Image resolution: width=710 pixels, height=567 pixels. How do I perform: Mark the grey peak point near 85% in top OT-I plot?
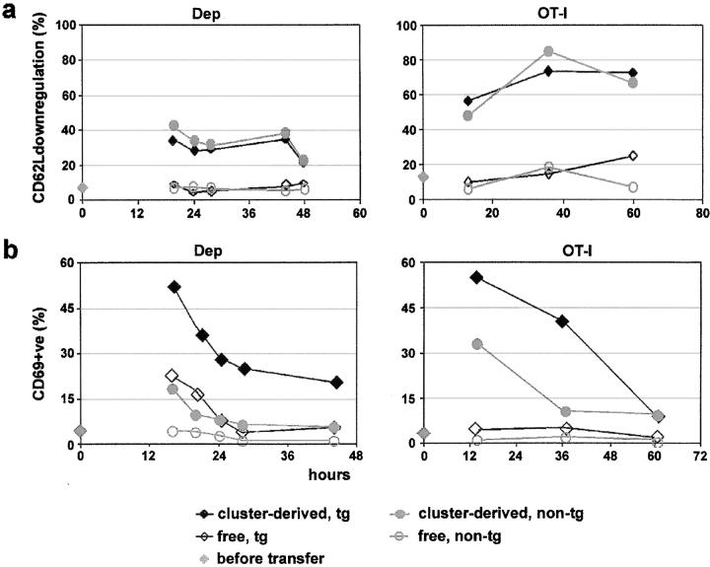pyautogui.click(x=548, y=51)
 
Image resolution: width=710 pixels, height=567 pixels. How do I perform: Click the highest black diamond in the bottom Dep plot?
pyautogui.click(x=174, y=287)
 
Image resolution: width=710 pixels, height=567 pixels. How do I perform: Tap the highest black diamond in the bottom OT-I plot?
pyautogui.click(x=476, y=277)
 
